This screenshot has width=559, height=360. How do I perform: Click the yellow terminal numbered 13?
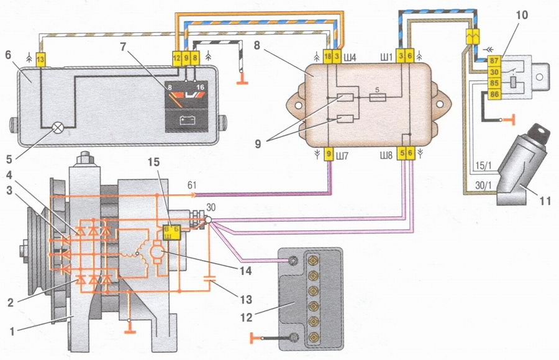pos(40,58)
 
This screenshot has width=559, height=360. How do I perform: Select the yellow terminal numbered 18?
pos(328,56)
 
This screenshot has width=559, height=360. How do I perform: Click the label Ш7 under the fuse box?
pos(346,153)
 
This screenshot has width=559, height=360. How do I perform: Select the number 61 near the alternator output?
pos(193,184)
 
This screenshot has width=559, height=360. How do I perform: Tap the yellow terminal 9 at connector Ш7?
pos(330,153)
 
